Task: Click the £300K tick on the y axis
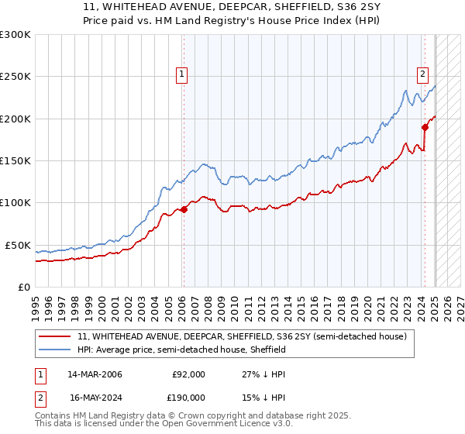point(15,35)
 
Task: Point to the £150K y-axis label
point(15,160)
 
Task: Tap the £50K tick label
point(18,245)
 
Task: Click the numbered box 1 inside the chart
point(181,74)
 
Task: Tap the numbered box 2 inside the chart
point(422,74)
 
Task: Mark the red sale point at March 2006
point(184,209)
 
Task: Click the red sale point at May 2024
point(425,127)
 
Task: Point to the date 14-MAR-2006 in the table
point(95,374)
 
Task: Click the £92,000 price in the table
point(188,374)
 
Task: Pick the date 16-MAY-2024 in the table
point(95,397)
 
